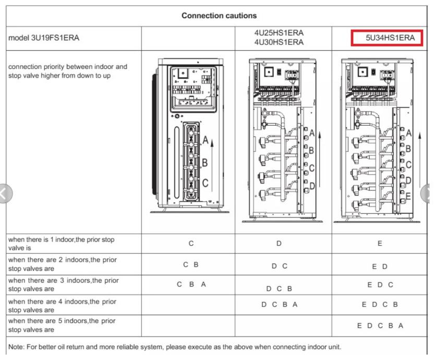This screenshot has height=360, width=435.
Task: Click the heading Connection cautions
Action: pyautogui.click(x=219, y=16)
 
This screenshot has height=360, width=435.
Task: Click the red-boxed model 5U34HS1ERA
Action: pyautogui.click(x=386, y=38)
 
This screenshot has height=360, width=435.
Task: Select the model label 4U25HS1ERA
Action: pyautogui.click(x=279, y=33)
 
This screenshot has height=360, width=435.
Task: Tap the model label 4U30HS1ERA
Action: pyautogui.click(x=279, y=42)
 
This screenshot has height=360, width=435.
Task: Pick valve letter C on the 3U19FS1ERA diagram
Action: pyautogui.click(x=205, y=183)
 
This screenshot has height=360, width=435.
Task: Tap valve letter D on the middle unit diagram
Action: pyautogui.click(x=312, y=185)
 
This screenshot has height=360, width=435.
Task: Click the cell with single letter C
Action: pyautogui.click(x=190, y=244)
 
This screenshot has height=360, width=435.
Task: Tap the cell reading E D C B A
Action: pyautogui.click(x=380, y=326)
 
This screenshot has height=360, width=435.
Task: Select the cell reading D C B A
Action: pyautogui.click(x=280, y=304)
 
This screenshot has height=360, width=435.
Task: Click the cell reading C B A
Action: pyautogui.click(x=191, y=284)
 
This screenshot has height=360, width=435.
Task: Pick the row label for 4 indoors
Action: pyautogui.click(x=63, y=305)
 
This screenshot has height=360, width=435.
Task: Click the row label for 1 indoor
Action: pyautogui.click(x=62, y=244)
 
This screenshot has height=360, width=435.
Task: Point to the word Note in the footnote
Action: pyautogui.click(x=17, y=346)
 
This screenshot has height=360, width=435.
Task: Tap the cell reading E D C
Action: pyautogui.click(x=380, y=285)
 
